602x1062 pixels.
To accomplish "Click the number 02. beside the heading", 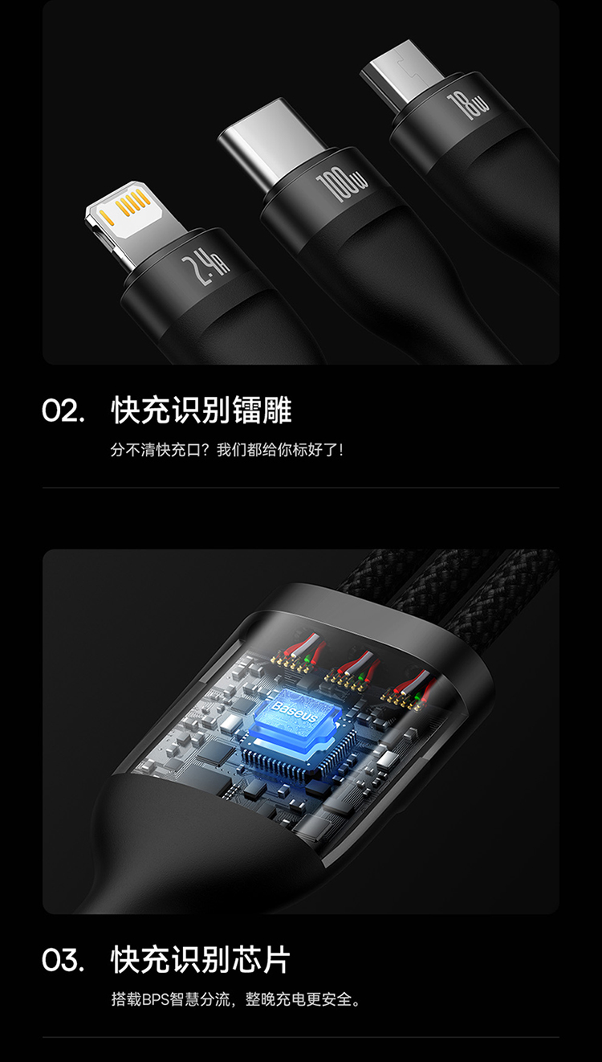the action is [63, 411].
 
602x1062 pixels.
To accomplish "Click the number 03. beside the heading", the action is [63, 960].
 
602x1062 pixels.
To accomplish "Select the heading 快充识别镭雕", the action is [201, 411].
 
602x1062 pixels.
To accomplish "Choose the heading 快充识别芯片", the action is [201, 960].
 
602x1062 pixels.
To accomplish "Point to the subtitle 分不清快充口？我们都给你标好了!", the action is [226, 449].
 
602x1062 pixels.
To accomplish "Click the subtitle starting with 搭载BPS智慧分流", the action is [236, 999].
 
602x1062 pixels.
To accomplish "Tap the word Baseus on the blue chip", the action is [294, 712].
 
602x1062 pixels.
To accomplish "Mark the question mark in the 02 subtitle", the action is [209, 449].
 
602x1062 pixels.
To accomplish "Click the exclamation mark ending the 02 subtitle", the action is [340, 450].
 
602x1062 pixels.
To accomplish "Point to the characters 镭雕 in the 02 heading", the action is [262, 411].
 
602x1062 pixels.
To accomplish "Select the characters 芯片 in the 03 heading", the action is [260, 960].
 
